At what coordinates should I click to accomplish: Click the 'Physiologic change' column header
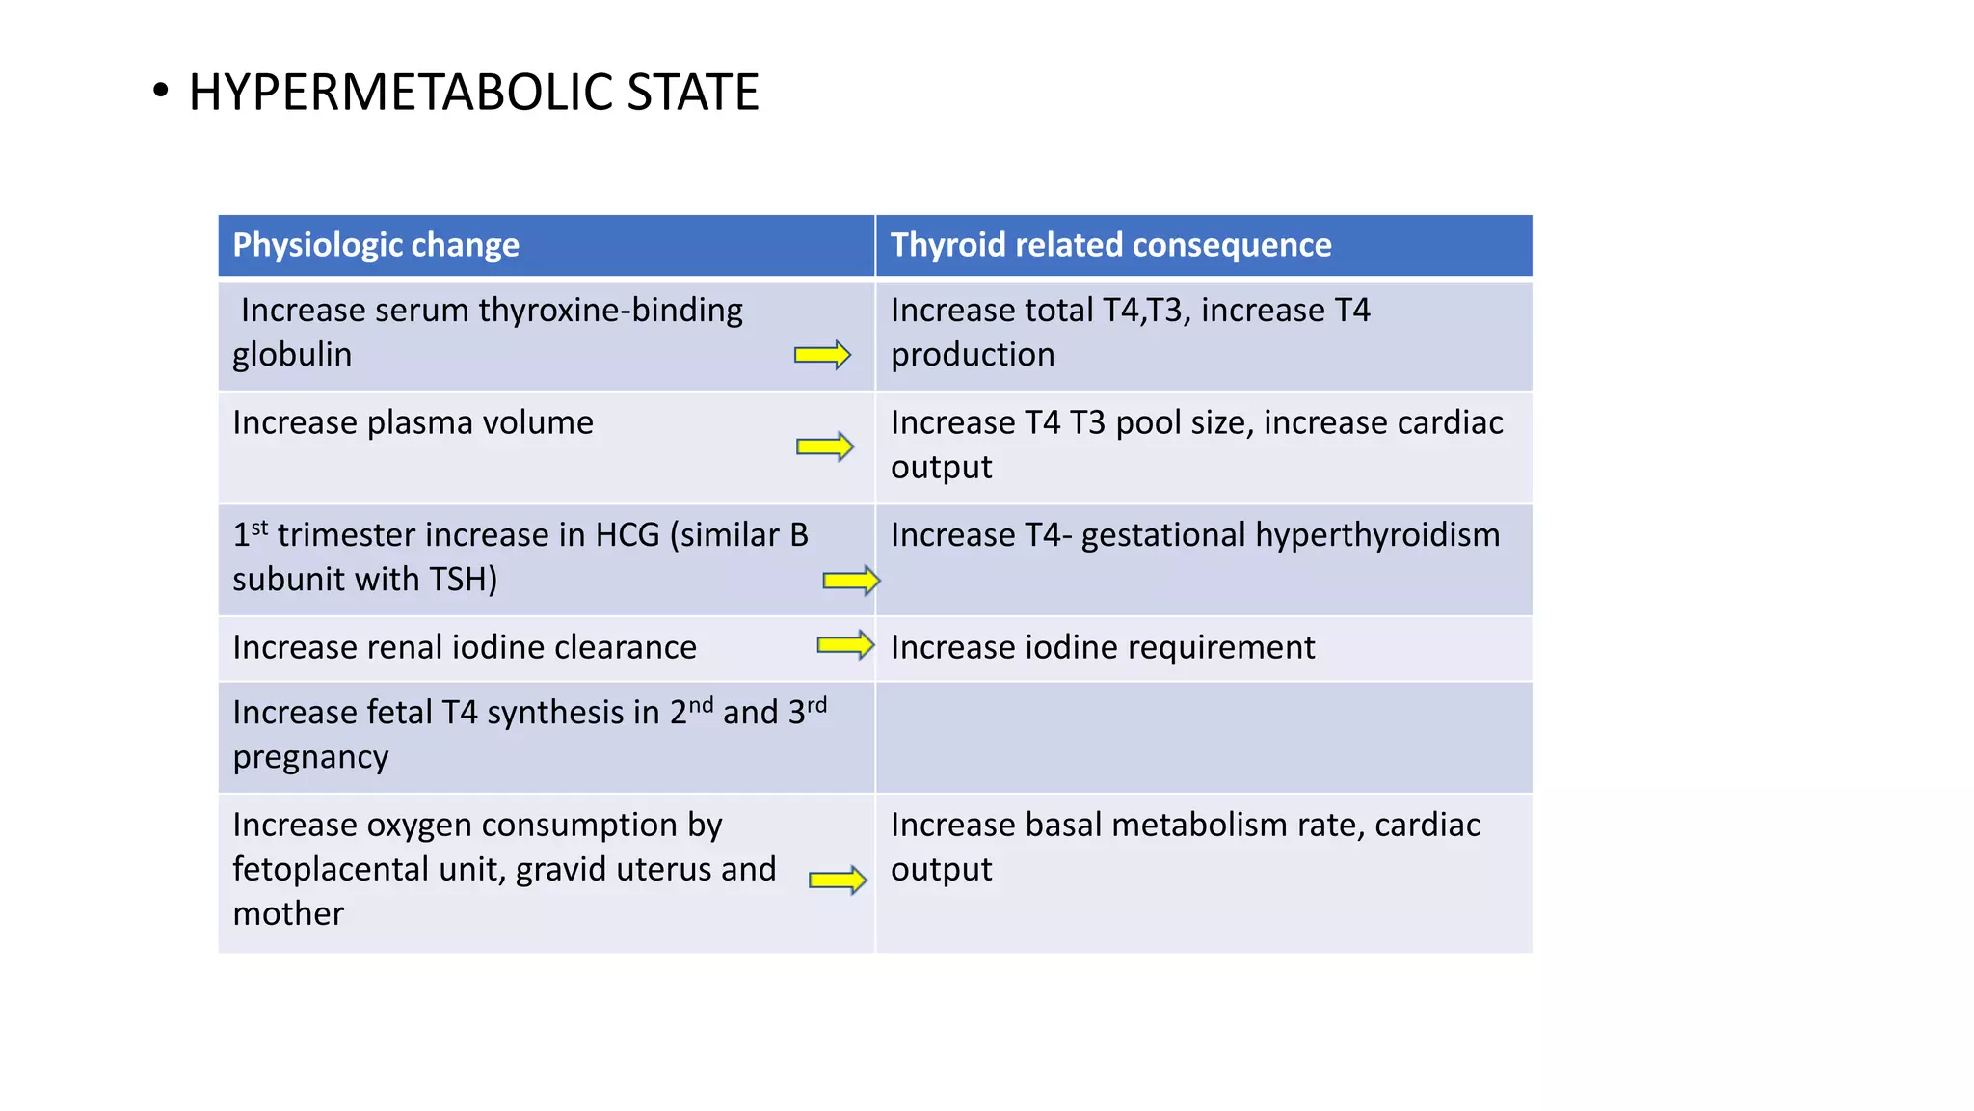pyautogui.click(x=376, y=245)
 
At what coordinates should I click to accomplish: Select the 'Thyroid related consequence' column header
pyautogui.click(x=1110, y=245)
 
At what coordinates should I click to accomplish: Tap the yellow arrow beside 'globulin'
pyautogui.click(x=822, y=355)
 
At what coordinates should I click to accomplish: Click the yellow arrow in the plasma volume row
pyautogui.click(x=825, y=447)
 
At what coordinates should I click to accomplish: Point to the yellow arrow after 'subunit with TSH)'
pyautogui.click(x=851, y=580)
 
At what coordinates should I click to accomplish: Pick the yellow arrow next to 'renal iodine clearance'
pyautogui.click(x=845, y=644)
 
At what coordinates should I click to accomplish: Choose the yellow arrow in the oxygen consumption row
pyautogui.click(x=838, y=880)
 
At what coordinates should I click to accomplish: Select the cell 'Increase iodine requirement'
pyautogui.click(x=1102, y=647)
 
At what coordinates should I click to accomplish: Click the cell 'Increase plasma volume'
pyautogui.click(x=413, y=422)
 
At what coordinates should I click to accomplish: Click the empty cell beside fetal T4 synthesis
pyautogui.click(x=1203, y=737)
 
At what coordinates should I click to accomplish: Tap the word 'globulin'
pyautogui.click(x=292, y=355)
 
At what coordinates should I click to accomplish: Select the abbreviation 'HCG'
pyautogui.click(x=627, y=535)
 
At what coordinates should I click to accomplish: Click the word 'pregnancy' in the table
pyautogui.click(x=310, y=757)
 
